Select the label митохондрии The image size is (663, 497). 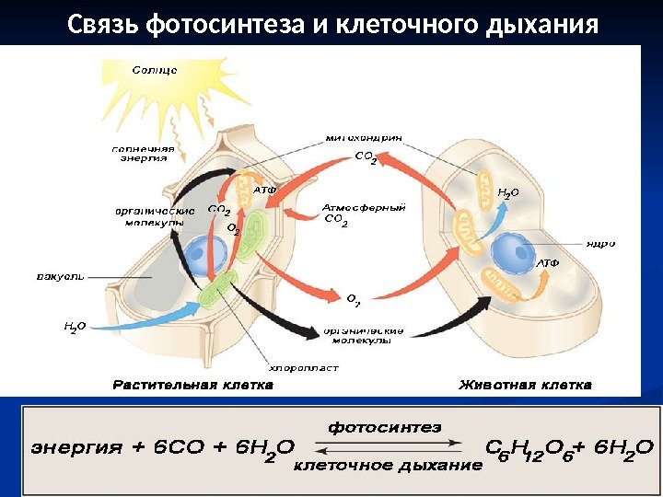tap(364, 139)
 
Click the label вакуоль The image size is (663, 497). tap(60, 273)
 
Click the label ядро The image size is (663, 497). tap(599, 244)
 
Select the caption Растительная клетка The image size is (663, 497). tap(192, 385)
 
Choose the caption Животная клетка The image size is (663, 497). tap(526, 385)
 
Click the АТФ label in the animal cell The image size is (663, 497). tap(548, 263)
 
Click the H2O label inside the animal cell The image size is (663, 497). tap(508, 193)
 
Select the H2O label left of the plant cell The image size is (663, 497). tap(75, 325)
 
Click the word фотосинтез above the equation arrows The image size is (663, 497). tap(385, 427)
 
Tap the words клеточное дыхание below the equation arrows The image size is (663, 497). tap(387, 466)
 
